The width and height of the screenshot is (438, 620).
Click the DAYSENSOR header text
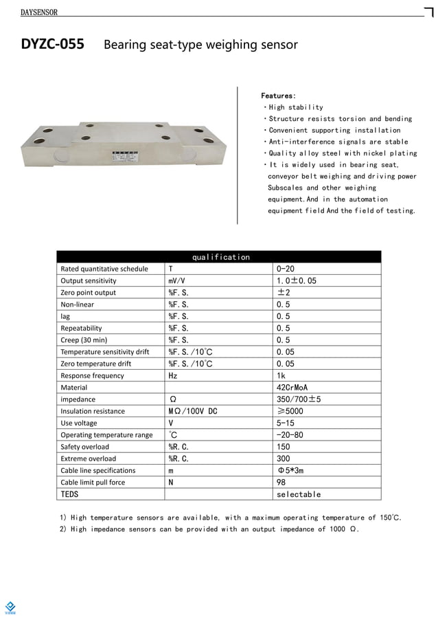pyautogui.click(x=39, y=12)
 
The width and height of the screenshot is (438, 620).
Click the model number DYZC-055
pyautogui.click(x=53, y=45)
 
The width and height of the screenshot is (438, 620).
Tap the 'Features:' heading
pyautogui.click(x=279, y=96)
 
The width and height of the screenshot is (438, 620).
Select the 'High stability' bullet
pyautogui.click(x=295, y=107)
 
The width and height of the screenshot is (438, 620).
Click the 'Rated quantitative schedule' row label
pyautogui.click(x=104, y=269)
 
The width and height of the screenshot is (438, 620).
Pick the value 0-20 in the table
pyautogui.click(x=285, y=269)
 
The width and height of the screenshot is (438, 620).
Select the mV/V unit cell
pyautogui.click(x=176, y=281)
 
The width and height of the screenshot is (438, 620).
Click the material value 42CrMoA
pyautogui.click(x=292, y=388)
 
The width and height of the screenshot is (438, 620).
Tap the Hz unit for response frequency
pyautogui.click(x=173, y=376)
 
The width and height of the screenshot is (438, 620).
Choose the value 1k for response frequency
pyautogui.click(x=281, y=376)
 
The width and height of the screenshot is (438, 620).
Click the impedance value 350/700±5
pyautogui.click(x=299, y=399)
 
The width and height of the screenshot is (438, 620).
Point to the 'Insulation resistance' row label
pyautogui.click(x=93, y=411)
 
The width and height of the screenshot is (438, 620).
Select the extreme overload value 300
pyautogui.click(x=283, y=458)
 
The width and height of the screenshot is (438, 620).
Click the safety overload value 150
pyautogui.click(x=283, y=447)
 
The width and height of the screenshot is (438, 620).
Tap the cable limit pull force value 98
pyautogui.click(x=281, y=483)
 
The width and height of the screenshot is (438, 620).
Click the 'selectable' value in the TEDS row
pyautogui.click(x=298, y=494)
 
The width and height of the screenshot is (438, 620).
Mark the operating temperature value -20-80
pyautogui.click(x=290, y=435)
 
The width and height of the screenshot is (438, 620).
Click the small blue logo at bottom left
pyautogui.click(x=10, y=606)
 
